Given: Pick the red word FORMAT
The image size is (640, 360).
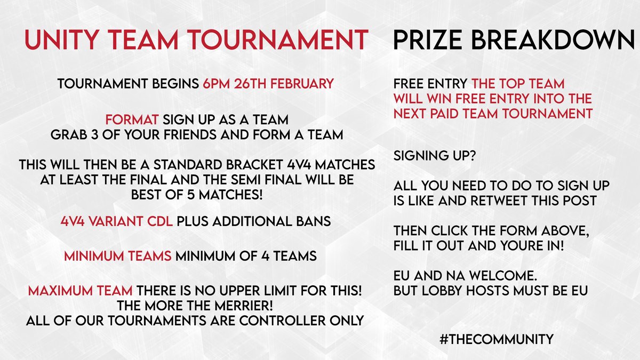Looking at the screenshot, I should (x=127, y=119).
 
